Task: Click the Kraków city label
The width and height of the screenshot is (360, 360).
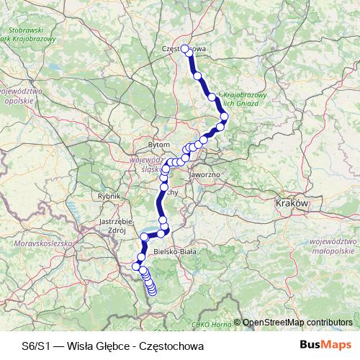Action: tap(292, 204)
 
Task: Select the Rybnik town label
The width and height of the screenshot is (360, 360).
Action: tap(109, 195)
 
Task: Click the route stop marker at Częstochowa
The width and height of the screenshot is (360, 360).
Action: tap(185, 49)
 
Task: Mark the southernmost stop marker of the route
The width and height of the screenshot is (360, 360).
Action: tap(152, 291)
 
